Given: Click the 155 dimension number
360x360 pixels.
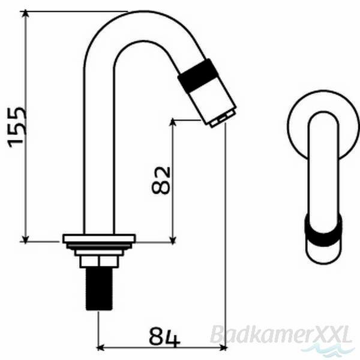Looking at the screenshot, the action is (17, 127).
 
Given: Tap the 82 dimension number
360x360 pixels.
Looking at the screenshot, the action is (161, 180).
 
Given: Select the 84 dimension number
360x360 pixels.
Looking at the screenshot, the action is (164, 337).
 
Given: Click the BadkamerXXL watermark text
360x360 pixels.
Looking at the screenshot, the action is (281, 335).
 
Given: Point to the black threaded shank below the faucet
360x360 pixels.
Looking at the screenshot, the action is (99, 289).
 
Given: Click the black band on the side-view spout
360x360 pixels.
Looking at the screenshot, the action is (197, 75).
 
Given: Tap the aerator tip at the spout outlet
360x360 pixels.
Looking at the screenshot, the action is (223, 119).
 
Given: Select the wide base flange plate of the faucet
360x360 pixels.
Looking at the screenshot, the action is (99, 238).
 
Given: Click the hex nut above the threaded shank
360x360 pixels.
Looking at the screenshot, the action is (99, 262).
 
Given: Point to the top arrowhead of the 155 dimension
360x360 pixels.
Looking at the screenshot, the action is (25, 13).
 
